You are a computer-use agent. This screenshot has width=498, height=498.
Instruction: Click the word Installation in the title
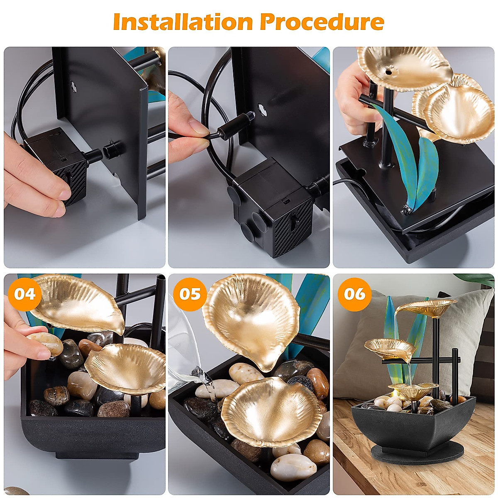pos(183,22)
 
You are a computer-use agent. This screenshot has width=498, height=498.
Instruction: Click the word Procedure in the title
pos(322,22)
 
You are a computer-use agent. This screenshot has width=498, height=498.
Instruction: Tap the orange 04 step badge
pos(24,294)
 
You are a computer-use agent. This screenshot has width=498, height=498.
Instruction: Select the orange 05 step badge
pos(190,294)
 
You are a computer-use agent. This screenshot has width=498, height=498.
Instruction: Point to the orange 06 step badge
pos(354,294)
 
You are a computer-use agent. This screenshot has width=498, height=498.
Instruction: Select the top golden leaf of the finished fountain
pos(427,308)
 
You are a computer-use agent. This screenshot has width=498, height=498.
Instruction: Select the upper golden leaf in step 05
pos(250,318)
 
